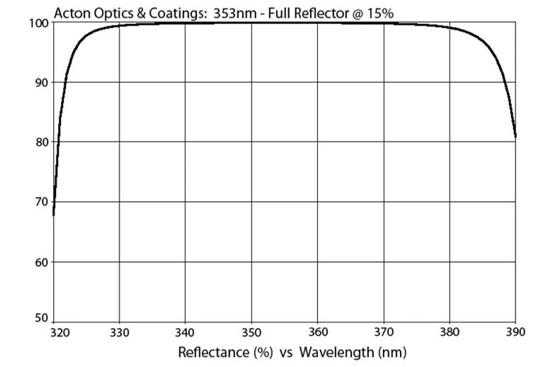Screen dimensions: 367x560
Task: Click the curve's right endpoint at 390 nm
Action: tap(515, 136)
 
